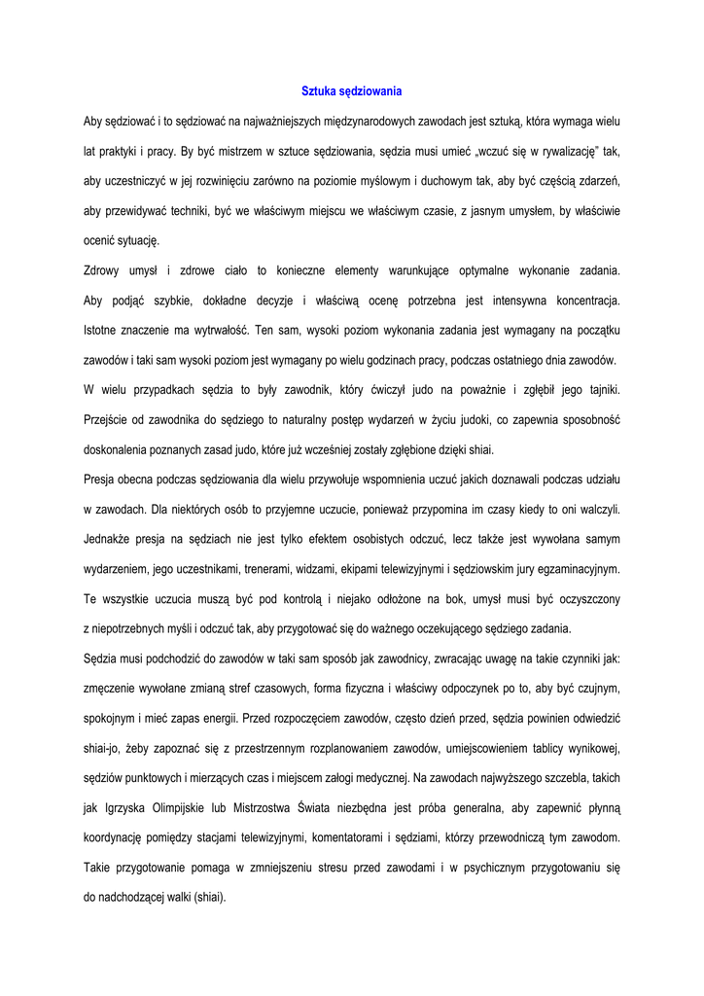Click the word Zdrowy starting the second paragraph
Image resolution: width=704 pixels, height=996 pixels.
point(104,270)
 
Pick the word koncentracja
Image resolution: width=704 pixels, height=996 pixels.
point(581,301)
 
